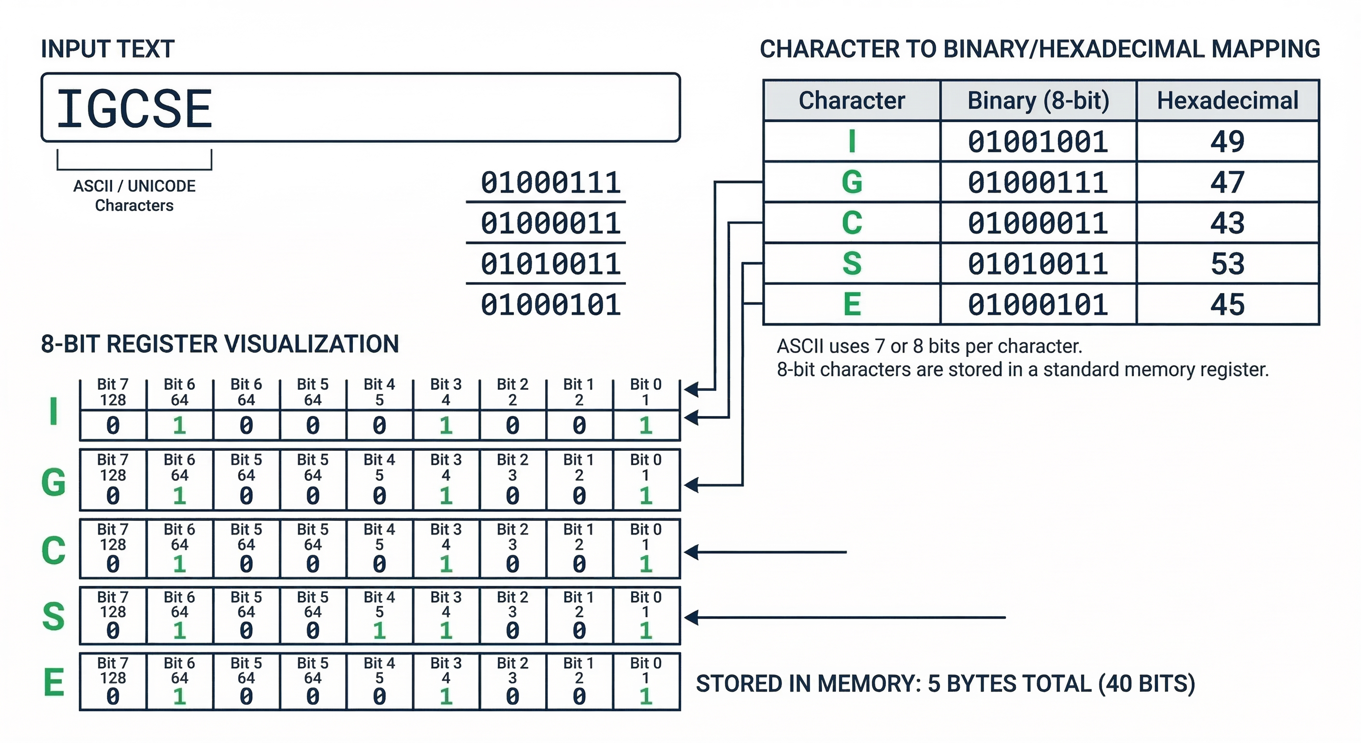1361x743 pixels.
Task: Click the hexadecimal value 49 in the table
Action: point(1227,142)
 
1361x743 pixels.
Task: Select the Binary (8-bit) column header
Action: point(1038,101)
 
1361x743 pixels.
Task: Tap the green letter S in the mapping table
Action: point(852,263)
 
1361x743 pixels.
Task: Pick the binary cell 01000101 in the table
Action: point(1038,305)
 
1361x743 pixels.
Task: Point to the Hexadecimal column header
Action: point(1227,101)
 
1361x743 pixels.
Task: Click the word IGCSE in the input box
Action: point(134,109)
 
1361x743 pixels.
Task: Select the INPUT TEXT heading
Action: point(107,49)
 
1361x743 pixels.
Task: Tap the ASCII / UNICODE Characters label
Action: point(134,195)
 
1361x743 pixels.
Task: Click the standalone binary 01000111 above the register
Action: point(550,183)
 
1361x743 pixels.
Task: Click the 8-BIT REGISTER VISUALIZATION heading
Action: point(220,344)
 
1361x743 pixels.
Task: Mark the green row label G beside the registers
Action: point(53,482)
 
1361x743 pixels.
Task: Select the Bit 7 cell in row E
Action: point(113,681)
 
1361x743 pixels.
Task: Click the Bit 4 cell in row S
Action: point(379,615)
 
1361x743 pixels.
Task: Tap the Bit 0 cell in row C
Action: point(646,549)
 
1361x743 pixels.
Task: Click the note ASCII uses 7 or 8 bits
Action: point(929,346)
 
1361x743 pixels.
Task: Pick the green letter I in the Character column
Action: point(852,142)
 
